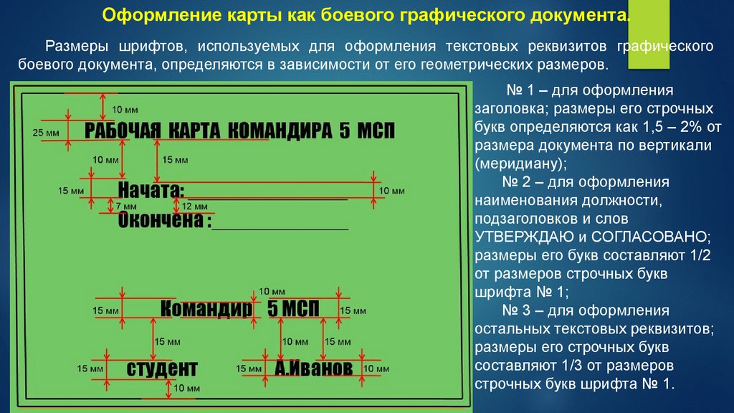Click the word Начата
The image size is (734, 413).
click(151, 190)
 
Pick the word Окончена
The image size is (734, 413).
click(161, 220)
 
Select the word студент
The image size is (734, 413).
click(162, 369)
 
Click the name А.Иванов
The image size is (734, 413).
click(314, 369)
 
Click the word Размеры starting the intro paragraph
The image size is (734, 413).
click(77, 47)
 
